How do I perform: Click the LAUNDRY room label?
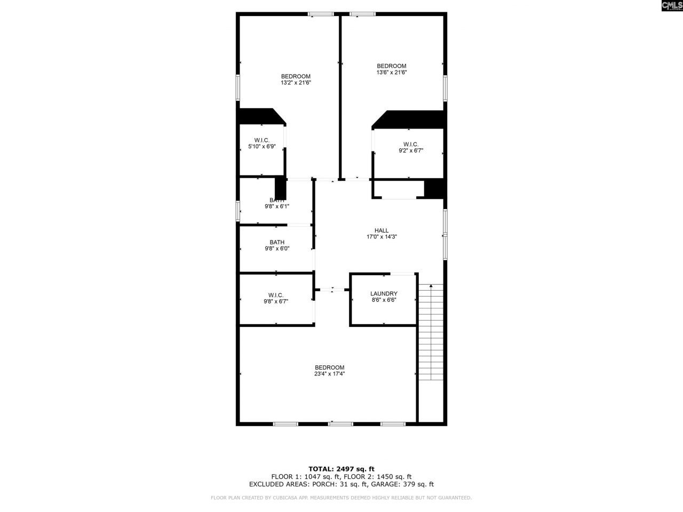[x=384, y=294]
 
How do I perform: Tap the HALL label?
[x=381, y=230]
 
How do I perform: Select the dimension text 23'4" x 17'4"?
[x=329, y=374]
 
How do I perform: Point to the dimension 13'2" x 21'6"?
[x=296, y=83]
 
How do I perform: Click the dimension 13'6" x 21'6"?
[x=392, y=73]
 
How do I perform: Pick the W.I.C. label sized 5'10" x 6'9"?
[x=261, y=140]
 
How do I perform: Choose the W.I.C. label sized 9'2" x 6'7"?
[x=410, y=144]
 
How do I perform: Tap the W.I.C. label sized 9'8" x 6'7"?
[x=276, y=295]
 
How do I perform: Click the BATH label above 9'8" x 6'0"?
[x=276, y=242]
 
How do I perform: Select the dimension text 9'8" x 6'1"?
[x=276, y=206]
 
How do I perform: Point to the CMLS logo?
[x=671, y=6]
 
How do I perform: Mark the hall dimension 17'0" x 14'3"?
[x=381, y=237]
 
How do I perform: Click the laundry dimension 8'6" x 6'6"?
[x=384, y=300]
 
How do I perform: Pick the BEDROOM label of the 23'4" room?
[x=329, y=367]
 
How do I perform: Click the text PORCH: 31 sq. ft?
[x=339, y=484]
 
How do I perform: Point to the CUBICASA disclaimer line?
[x=341, y=498]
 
